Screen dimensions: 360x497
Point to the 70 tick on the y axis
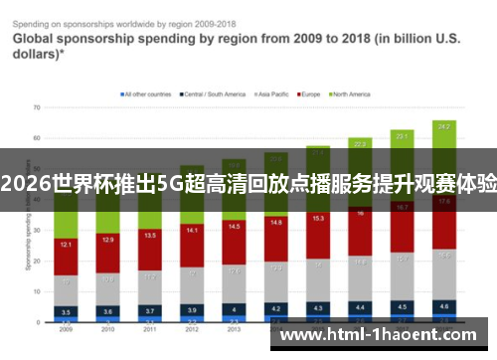pyautogui.click(x=36, y=106)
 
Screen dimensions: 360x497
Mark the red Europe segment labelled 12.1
pyautogui.click(x=65, y=245)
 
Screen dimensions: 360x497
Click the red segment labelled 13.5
pyautogui.click(x=150, y=236)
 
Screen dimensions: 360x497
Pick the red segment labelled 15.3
pyautogui.click(x=318, y=218)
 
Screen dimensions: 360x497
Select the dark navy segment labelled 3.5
pyautogui.click(x=65, y=311)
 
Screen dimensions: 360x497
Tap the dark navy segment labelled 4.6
pyautogui.click(x=444, y=306)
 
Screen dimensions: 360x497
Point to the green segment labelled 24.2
pyautogui.click(x=444, y=127)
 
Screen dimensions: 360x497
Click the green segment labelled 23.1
pyautogui.click(x=402, y=135)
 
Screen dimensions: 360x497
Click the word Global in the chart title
pyautogui.click(x=35, y=39)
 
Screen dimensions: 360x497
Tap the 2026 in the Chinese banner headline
pyautogui.click(x=21, y=184)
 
